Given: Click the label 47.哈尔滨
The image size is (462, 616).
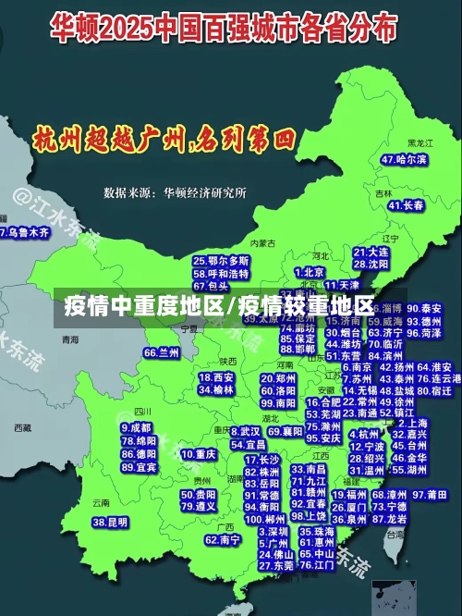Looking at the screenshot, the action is (404, 160).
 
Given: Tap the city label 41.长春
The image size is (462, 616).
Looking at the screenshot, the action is (407, 205).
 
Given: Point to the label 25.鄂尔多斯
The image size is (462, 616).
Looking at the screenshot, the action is (221, 261).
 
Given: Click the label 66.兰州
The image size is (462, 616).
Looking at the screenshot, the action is (162, 352).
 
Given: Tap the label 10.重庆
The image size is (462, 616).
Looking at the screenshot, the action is (199, 454).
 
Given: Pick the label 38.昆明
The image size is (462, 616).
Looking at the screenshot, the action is (110, 523).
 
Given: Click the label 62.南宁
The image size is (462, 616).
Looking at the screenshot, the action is (223, 539).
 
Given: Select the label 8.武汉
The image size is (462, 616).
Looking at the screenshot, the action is (246, 431).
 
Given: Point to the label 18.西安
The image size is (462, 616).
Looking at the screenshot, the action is (216, 377).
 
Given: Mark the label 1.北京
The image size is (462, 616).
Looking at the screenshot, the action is (310, 272).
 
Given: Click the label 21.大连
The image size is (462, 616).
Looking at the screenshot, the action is (371, 252).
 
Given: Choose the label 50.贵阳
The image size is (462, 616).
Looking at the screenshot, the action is (199, 494).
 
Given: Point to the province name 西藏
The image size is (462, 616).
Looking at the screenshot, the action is (22, 428).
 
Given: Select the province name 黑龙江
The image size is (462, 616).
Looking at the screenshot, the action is (420, 143).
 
